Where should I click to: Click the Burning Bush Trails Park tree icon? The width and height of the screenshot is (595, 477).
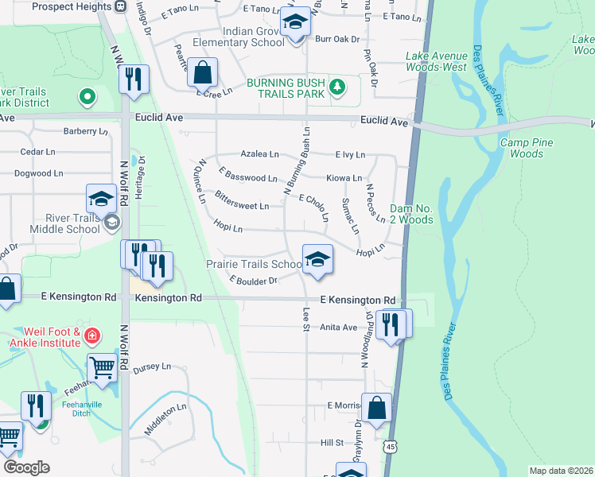point(337,87)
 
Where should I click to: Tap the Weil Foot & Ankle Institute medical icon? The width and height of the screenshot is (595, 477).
point(92,336)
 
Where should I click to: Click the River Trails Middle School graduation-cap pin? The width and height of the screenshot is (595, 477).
point(101,199)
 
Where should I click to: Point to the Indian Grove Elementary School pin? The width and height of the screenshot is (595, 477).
point(295,24)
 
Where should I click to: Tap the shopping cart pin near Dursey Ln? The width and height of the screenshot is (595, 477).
point(103,366)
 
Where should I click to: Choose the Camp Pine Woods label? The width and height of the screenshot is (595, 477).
point(527,148)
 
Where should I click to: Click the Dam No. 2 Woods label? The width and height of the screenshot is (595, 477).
point(411,214)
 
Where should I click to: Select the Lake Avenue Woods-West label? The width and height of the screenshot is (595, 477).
point(436,61)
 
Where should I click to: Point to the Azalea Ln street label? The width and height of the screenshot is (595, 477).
point(261,154)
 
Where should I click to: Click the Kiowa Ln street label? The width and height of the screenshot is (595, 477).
point(344,178)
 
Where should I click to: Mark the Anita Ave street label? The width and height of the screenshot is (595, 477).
point(339,327)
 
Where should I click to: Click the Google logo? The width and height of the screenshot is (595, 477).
point(26,467)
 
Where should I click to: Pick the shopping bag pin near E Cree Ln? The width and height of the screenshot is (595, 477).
point(203,73)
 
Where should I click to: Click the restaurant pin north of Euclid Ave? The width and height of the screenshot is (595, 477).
point(134,79)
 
